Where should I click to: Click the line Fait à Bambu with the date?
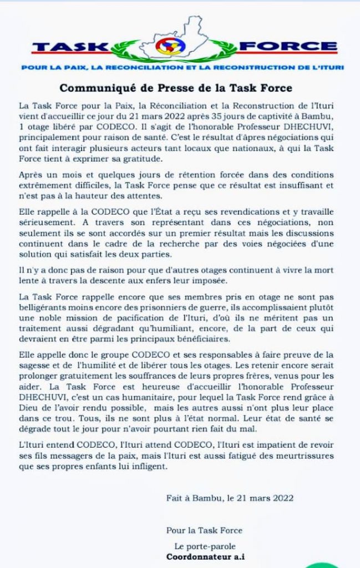230,498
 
